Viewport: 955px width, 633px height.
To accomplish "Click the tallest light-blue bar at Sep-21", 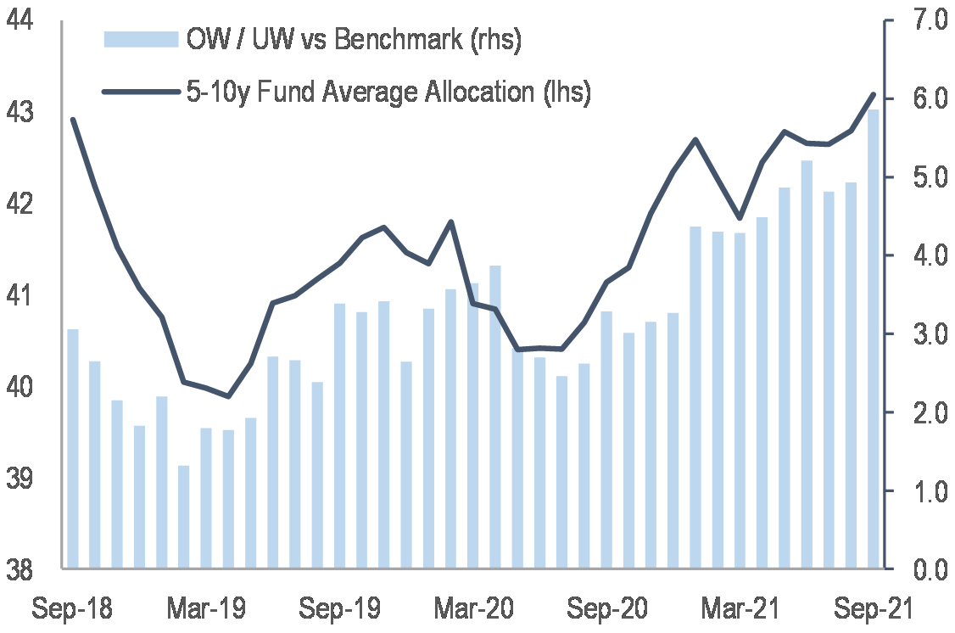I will point(873,339).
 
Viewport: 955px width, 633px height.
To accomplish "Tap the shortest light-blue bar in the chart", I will point(184,517).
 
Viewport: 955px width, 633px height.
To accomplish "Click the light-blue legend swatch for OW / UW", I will point(141,39).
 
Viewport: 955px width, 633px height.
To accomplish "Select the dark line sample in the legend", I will point(141,91).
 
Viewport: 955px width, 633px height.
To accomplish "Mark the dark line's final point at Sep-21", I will point(874,94).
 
